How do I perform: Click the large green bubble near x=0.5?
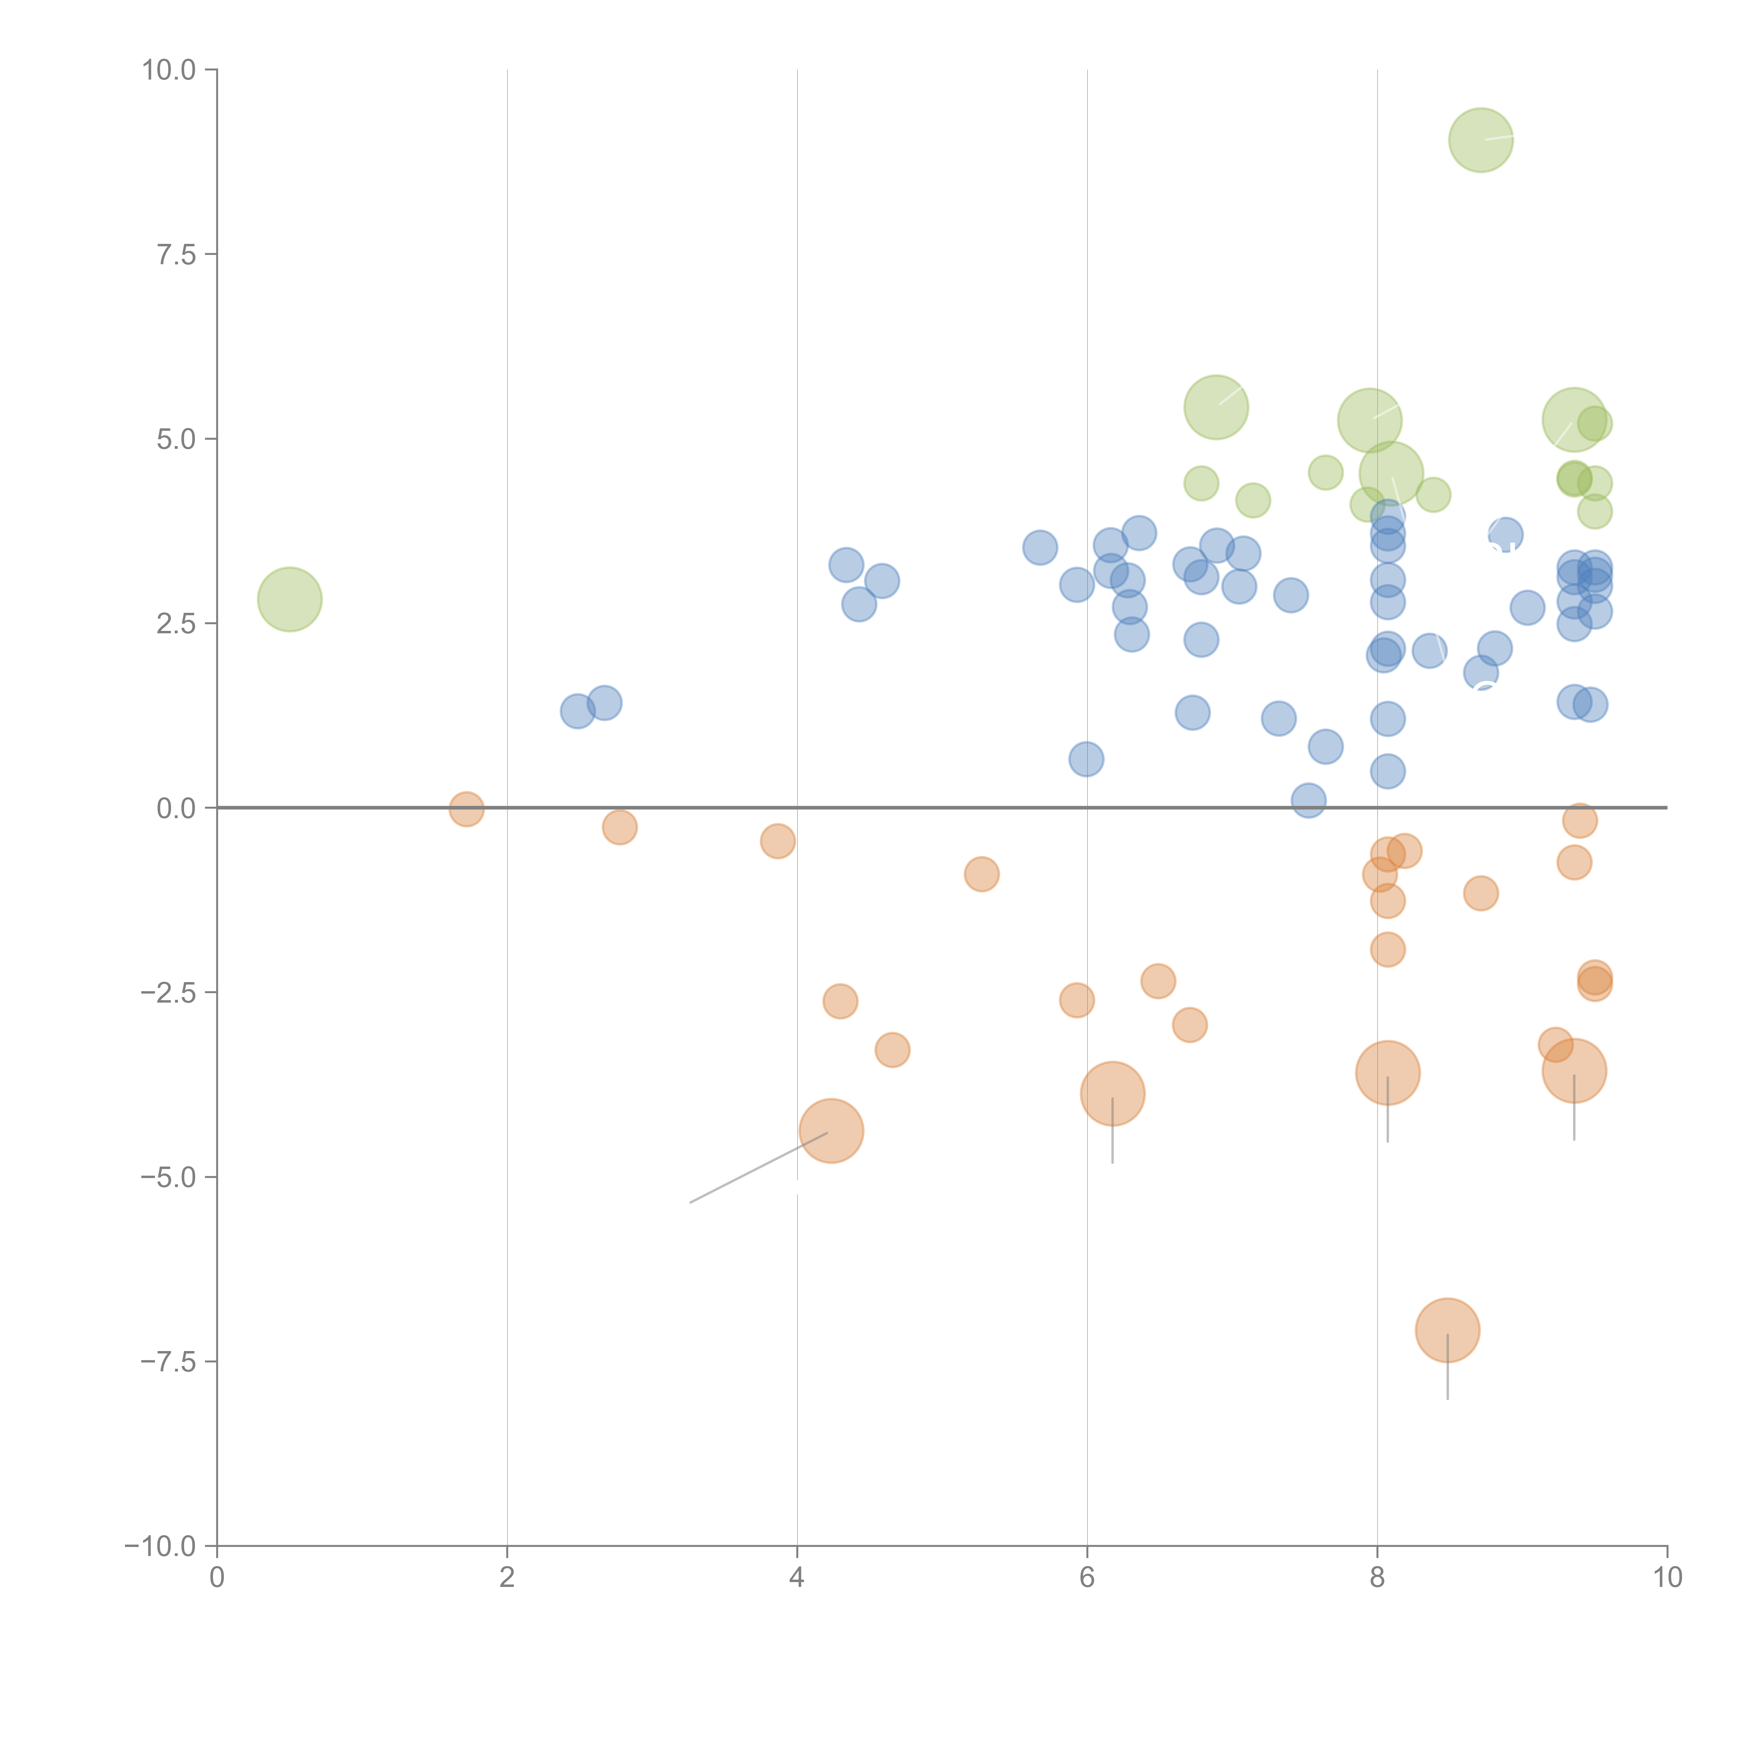click(289, 599)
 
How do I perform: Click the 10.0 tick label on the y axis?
click(169, 70)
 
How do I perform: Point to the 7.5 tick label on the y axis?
click(176, 254)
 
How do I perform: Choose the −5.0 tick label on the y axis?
click(169, 1177)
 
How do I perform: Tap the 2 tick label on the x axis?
click(507, 1578)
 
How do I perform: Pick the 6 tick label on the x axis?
click(1087, 1578)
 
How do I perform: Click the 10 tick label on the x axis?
click(1667, 1578)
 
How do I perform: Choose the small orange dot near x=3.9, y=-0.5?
click(778, 841)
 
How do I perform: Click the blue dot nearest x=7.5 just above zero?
click(1308, 799)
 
